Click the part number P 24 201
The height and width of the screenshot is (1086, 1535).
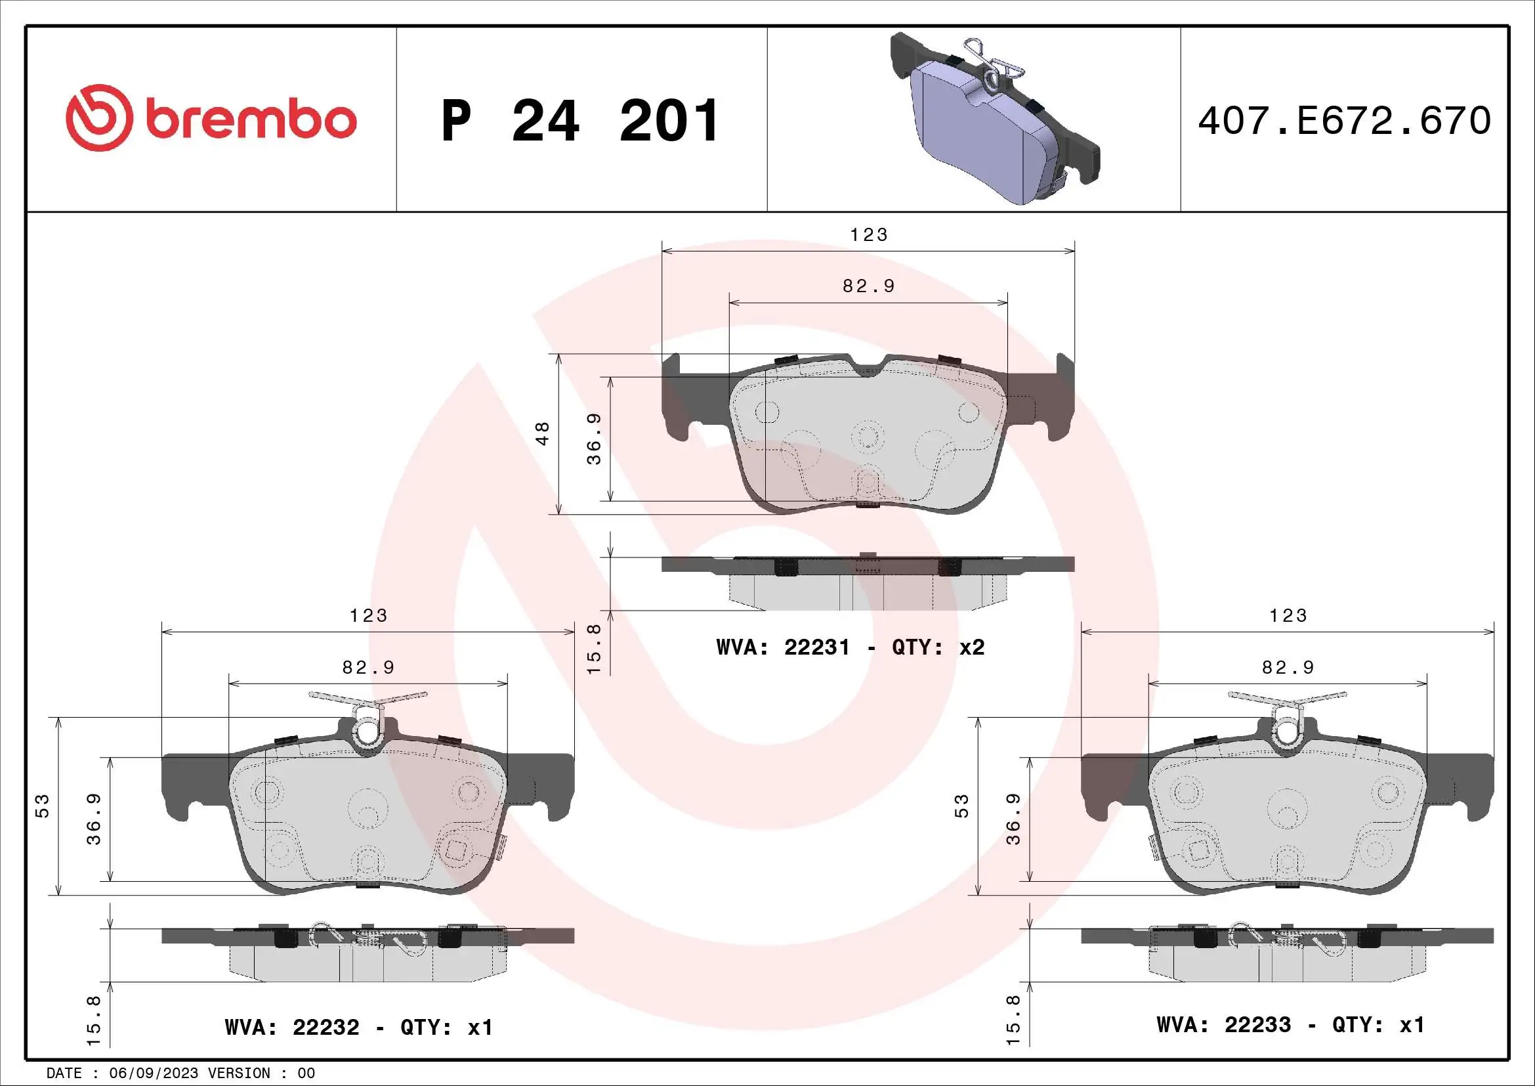point(579,121)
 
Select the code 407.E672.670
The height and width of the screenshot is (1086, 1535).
point(1344,120)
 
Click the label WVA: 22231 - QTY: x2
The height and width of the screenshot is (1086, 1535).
point(850,647)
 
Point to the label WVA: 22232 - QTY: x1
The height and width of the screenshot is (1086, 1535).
point(358,1027)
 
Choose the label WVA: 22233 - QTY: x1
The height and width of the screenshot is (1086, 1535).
point(1290,1025)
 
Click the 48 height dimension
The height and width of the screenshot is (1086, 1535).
point(543,433)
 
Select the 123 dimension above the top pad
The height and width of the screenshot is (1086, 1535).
point(868,234)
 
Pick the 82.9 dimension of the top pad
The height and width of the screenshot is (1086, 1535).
point(868,286)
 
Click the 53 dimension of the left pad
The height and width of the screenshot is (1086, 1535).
point(42,805)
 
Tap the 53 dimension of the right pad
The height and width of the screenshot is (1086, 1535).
point(961,805)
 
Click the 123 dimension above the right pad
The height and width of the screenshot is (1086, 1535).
point(1288,615)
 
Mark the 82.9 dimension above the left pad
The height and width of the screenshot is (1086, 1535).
point(368,667)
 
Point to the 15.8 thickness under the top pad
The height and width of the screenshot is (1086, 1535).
point(594,649)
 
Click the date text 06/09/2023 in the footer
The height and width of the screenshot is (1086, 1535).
point(154,1074)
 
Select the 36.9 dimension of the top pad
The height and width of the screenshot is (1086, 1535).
point(594,439)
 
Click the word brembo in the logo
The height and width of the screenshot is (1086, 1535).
point(251,120)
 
